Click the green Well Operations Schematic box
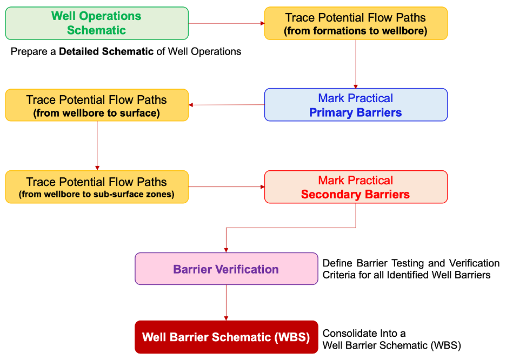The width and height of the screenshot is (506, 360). coord(97,23)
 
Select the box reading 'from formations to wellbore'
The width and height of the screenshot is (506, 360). coord(356,23)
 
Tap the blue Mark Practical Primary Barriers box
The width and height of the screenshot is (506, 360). coord(356,105)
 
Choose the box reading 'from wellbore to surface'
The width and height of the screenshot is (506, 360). coord(97,105)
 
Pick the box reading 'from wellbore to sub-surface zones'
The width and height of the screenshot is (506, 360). coord(97,187)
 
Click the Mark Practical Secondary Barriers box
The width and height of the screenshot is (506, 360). coord(356,187)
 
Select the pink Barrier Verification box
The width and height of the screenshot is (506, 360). coord(226,269)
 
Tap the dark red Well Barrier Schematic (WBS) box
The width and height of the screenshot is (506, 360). coord(226,337)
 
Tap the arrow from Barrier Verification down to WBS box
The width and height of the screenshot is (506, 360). coord(226,303)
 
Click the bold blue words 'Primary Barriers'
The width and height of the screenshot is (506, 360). coord(356,113)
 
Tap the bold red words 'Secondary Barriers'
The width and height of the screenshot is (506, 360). coord(356,195)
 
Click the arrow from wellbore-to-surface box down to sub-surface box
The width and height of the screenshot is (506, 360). coord(97,145)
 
